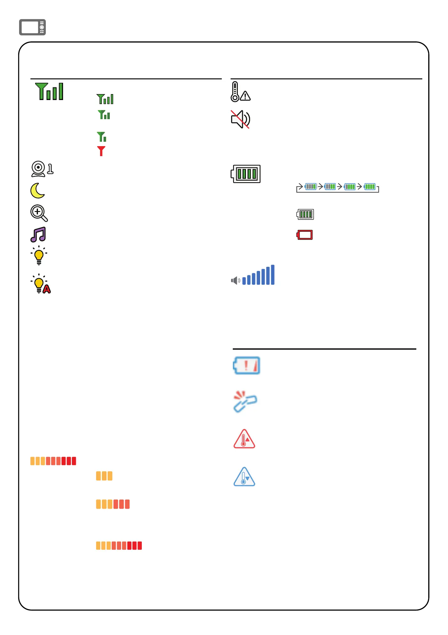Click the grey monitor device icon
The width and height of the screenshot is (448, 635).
(32, 27)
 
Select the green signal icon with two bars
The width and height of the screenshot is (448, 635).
(104, 115)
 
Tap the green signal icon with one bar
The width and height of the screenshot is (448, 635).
(102, 137)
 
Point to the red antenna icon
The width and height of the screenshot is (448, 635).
(101, 151)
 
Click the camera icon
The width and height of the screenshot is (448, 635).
(38, 169)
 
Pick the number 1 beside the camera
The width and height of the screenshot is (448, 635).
(50, 169)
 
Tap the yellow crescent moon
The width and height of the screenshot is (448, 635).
(38, 191)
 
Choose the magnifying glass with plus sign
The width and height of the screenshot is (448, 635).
(39, 213)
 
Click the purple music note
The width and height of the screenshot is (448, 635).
(38, 235)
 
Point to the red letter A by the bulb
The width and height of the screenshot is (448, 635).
(47, 289)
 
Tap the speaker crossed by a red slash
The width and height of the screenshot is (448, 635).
(240, 119)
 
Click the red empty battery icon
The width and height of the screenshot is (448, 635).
(305, 235)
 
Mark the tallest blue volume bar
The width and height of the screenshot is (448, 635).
(273, 275)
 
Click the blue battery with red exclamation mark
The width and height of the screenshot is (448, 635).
(247, 365)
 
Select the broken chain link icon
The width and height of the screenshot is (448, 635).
(245, 401)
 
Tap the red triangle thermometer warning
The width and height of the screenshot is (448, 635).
(244, 439)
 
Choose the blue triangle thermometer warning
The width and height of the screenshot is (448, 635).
(244, 477)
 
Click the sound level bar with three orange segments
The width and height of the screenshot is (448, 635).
(104, 476)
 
